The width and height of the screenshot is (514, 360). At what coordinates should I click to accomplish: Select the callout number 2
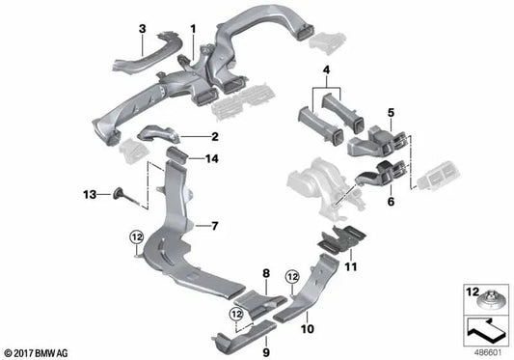(x=214, y=137)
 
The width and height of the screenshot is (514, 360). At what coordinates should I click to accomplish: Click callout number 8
(x=265, y=274)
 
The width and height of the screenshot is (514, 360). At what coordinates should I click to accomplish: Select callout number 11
(x=351, y=265)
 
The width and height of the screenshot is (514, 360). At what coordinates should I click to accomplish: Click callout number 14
(x=214, y=157)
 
